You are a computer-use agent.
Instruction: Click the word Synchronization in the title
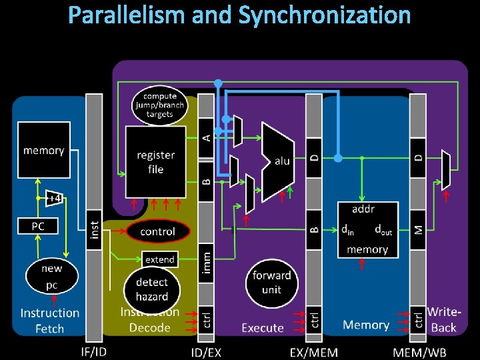(x=324, y=15)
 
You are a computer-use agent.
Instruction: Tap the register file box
(x=155, y=162)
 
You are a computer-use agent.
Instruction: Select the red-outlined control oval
(x=157, y=231)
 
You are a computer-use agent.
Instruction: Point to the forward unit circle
(x=271, y=283)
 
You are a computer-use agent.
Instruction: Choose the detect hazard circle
(x=151, y=289)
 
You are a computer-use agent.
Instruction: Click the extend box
(x=160, y=259)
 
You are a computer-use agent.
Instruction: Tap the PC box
(x=38, y=226)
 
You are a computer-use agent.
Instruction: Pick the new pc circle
(x=51, y=276)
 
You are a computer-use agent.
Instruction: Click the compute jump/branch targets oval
(x=159, y=105)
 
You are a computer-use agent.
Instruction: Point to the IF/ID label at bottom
(x=94, y=351)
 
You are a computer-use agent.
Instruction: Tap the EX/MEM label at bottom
(x=314, y=351)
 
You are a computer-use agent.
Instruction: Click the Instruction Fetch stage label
(x=50, y=320)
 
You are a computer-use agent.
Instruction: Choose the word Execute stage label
(x=263, y=327)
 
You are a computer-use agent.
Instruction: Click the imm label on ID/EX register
(x=207, y=261)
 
